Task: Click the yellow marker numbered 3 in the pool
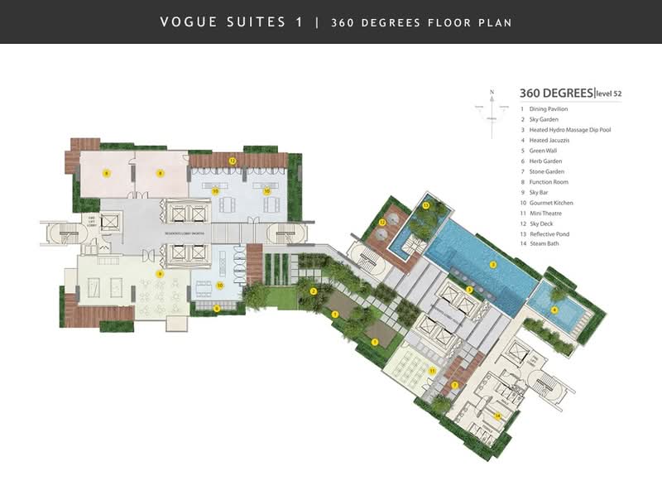tap(493, 265)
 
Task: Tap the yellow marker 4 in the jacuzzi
tap(554, 311)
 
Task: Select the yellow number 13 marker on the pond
tap(426, 204)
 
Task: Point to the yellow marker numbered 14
tap(497, 416)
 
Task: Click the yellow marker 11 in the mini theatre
tap(431, 372)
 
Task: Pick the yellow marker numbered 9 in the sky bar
tap(161, 273)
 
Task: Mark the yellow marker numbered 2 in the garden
tap(313, 291)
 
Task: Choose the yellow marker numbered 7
tap(454, 385)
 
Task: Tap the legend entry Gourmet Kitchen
tap(551, 203)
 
